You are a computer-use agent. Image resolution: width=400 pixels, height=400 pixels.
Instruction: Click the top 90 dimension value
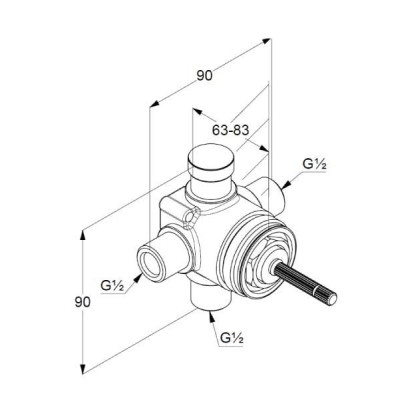tap(204, 76)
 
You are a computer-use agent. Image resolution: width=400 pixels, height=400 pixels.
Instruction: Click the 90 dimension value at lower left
tap(82, 302)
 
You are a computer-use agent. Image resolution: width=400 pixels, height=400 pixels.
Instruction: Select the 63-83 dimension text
tap(231, 130)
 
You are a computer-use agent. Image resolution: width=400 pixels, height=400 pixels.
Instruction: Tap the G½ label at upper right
tap(314, 164)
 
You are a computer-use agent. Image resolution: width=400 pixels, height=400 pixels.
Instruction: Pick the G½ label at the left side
tap(113, 286)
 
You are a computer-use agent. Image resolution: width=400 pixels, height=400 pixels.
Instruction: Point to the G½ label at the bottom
tap(232, 338)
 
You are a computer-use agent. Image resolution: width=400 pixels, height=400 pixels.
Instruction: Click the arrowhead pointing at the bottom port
tap(211, 316)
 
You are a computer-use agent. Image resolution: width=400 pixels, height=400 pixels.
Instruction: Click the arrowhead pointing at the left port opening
tap(138, 277)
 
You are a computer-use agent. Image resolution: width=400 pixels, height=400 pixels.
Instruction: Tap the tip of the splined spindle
tap(332, 298)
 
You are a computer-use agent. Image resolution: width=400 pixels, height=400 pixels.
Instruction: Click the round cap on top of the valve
tap(211, 158)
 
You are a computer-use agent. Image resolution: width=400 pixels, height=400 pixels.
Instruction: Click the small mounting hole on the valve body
tap(191, 218)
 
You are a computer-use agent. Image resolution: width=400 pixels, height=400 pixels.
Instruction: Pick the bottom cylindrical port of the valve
tap(210, 295)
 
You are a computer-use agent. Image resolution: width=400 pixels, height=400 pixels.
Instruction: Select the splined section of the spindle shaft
tap(306, 282)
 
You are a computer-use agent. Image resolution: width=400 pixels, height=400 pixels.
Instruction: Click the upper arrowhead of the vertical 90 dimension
tap(83, 236)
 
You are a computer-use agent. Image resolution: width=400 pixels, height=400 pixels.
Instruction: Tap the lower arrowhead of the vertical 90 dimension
tap(83, 368)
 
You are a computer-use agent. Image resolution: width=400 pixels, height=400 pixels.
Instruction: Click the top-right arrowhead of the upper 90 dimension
tap(266, 41)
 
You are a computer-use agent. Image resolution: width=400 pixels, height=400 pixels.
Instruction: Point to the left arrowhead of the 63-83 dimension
tap(198, 112)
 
